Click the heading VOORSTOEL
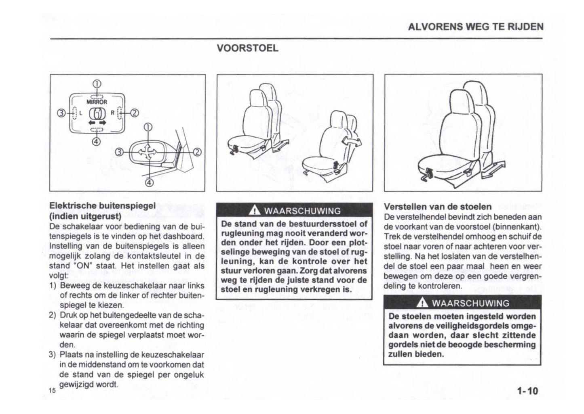click(247, 48)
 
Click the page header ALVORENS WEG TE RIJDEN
click(475, 27)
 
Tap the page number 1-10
click(527, 391)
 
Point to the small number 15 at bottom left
click(51, 390)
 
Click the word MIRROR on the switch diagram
click(97, 102)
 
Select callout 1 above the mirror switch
click(97, 84)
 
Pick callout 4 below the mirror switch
click(97, 141)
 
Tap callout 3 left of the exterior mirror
click(120, 152)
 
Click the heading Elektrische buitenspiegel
click(102, 205)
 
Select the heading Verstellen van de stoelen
click(438, 207)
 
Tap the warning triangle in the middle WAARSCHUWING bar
click(254, 210)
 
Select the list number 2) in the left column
click(52, 315)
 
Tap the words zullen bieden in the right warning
click(416, 354)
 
